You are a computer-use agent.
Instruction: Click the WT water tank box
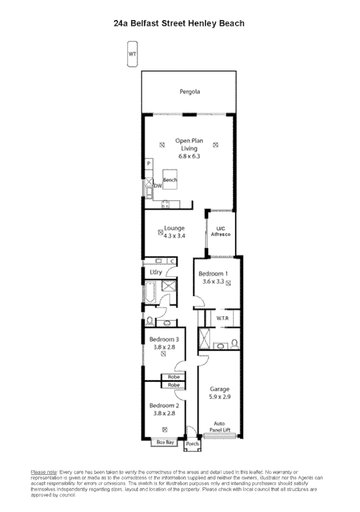132,53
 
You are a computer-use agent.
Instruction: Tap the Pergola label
189,92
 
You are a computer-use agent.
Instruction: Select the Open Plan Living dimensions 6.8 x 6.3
189,156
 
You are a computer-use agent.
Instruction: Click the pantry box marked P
148,164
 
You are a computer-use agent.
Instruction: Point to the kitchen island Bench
170,181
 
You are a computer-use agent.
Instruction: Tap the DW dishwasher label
157,186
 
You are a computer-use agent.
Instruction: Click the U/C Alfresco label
218,231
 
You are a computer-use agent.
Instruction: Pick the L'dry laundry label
156,272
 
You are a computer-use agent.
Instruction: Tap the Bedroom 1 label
213,274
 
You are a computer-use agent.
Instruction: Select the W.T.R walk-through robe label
221,317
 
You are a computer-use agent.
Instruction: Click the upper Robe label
174,377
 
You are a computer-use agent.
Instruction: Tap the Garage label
219,389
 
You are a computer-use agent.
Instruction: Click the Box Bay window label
165,442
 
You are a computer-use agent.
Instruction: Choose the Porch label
192,444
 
